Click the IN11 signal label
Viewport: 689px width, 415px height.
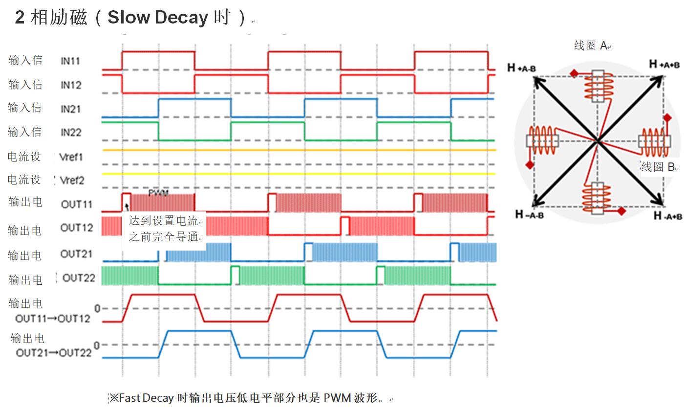70,61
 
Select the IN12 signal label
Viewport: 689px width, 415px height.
71,85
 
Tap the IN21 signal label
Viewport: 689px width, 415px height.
70,109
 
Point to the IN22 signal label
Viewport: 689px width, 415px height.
71,133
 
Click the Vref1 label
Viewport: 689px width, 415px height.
71,157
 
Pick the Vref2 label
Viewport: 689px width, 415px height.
72,181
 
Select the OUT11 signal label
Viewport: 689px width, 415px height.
77,204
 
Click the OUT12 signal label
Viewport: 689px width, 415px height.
77,228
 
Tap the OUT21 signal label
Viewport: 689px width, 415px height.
76,254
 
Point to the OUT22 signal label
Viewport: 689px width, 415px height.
79,278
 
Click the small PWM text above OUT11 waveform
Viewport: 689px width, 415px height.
158,193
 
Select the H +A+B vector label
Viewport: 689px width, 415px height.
664,64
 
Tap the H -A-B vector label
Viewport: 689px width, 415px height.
529,214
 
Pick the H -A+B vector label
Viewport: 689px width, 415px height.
668,215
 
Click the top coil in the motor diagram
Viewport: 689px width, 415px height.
597,86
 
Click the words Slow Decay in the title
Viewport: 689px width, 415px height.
158,18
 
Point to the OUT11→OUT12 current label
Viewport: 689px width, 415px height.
53,319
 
